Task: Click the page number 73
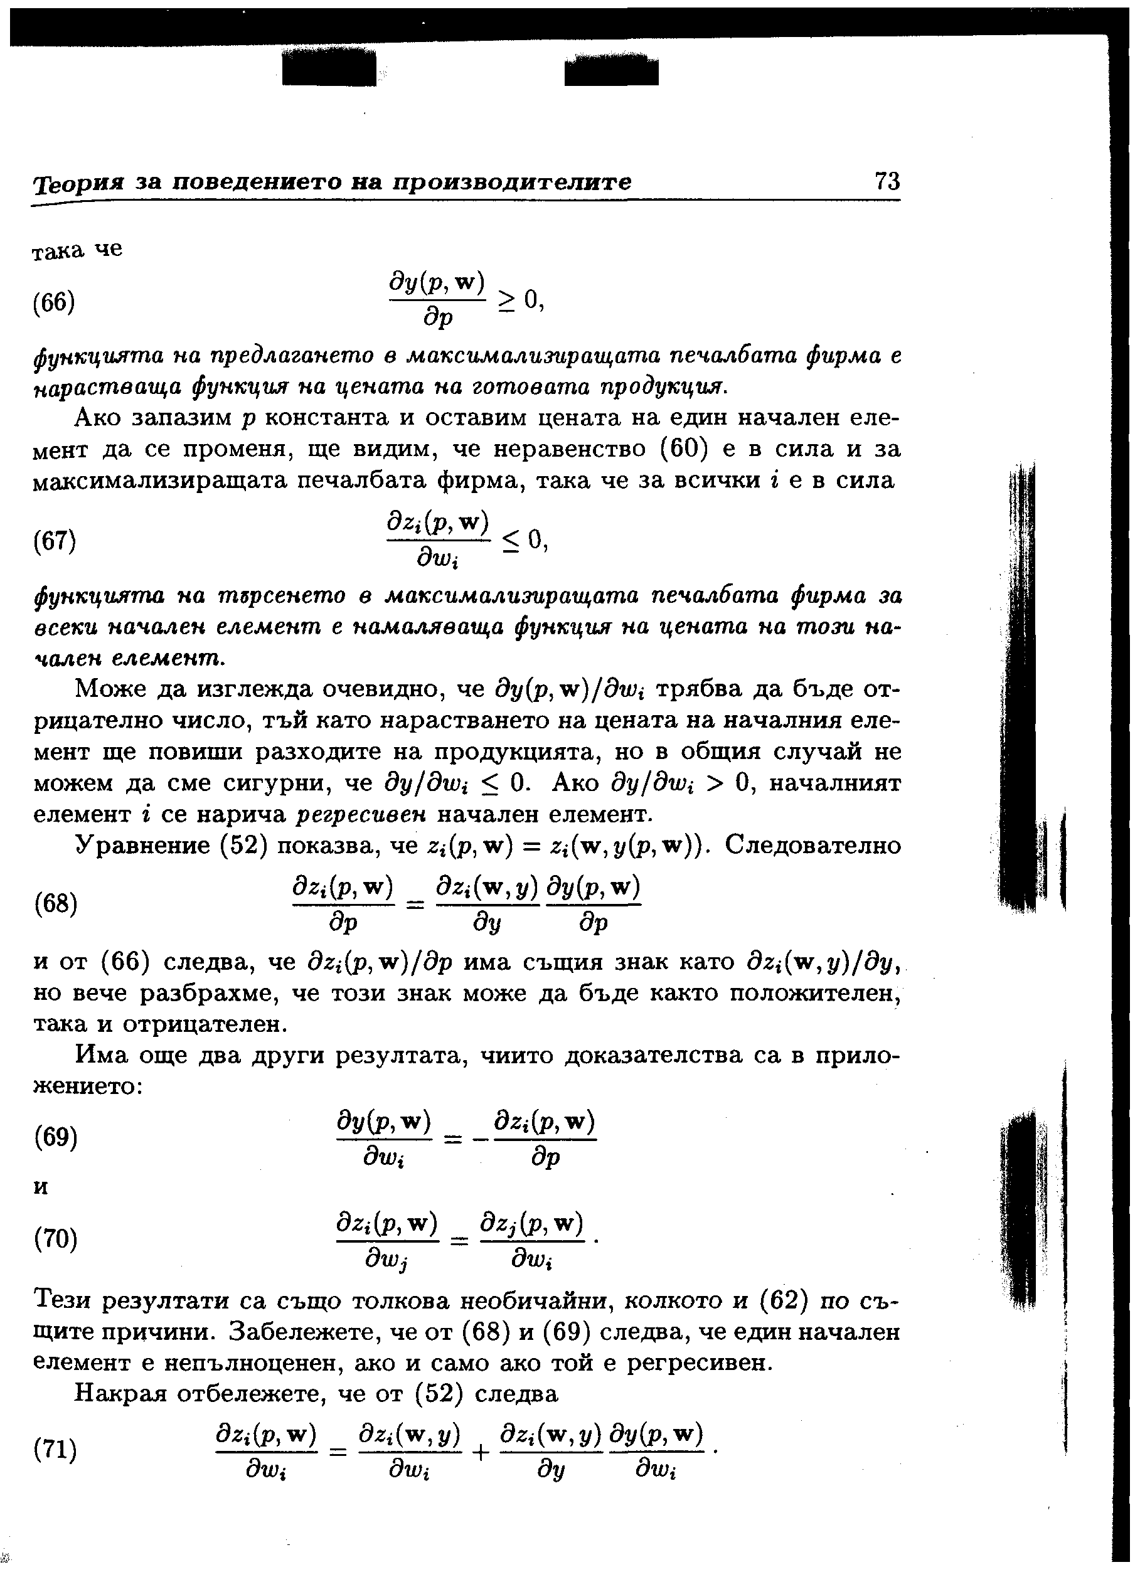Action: [887, 181]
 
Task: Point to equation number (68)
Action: [55, 904]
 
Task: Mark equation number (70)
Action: [55, 1239]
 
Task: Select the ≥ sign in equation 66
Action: [507, 301]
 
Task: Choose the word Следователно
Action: [813, 846]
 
